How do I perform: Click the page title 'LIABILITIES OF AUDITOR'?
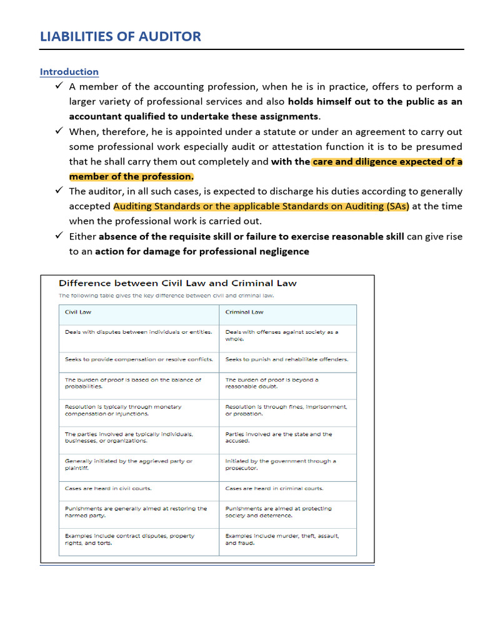tap(121, 36)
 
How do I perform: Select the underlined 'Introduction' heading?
tap(69, 72)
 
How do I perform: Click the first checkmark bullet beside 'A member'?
tap(58, 86)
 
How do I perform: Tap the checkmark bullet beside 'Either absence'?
tap(58, 236)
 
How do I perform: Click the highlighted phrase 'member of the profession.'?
tap(131, 176)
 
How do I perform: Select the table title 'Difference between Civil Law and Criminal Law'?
tap(177, 283)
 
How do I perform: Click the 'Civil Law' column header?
tap(78, 312)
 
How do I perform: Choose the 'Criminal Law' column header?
tap(244, 312)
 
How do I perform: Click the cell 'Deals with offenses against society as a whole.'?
tap(282, 336)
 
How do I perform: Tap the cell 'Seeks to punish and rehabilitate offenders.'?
tap(287, 359)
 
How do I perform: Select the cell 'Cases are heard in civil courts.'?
tap(108, 488)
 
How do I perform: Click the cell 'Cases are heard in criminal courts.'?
tap(274, 488)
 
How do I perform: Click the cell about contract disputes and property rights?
tap(129, 539)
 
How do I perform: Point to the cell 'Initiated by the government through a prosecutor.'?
tap(281, 464)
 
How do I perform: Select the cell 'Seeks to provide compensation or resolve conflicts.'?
tap(139, 359)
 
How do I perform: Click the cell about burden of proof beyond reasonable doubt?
tap(272, 383)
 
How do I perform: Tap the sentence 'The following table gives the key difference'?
tap(166, 296)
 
